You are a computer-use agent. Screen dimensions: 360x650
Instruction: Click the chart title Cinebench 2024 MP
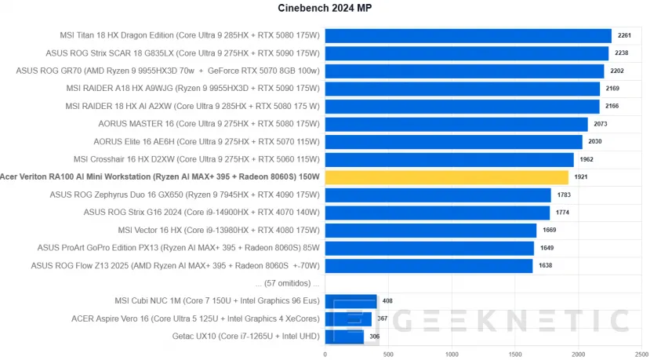[x=324, y=9]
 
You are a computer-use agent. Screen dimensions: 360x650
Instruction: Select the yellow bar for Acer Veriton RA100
[x=446, y=177]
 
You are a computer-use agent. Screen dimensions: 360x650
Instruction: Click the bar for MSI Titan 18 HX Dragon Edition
[x=467, y=35]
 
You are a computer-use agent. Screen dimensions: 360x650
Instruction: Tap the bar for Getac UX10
[x=344, y=337]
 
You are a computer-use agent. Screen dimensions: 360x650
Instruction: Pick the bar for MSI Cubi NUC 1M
[x=350, y=300]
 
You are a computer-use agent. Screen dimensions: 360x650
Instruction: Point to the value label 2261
[x=625, y=35]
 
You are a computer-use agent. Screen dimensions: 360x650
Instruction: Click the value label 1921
[x=582, y=177]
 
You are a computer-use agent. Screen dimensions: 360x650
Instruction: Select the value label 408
[x=387, y=300]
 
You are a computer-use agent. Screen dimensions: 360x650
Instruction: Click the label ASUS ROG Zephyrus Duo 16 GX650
[x=184, y=195]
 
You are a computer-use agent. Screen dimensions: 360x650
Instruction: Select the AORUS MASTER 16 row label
[x=209, y=124]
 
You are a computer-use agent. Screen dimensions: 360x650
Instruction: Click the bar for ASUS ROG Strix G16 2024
[x=437, y=213]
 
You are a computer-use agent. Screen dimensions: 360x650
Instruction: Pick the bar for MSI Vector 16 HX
[x=430, y=230]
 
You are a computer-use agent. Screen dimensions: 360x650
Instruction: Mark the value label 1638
[x=547, y=266]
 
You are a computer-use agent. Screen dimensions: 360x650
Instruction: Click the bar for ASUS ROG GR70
[x=463, y=71]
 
